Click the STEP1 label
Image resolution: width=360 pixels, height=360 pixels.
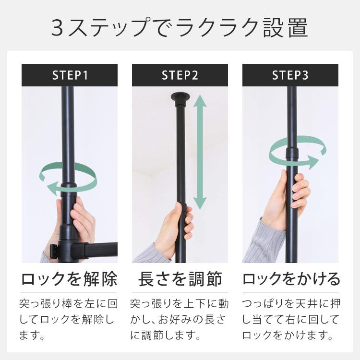(x=70, y=75)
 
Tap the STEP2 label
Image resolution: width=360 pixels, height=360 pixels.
(x=180, y=75)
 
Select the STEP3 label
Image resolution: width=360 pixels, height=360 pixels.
(x=290, y=75)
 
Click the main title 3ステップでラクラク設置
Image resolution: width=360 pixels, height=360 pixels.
(x=180, y=27)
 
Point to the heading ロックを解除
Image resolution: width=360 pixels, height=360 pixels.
(x=69, y=279)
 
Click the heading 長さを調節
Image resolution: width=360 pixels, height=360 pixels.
(x=180, y=279)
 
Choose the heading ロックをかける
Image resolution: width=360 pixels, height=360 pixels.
(x=291, y=279)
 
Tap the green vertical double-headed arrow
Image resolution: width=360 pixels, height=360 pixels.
(x=200, y=152)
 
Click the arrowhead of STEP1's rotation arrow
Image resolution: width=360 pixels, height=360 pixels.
(x=52, y=187)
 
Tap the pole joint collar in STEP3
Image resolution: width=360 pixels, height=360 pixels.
(x=292, y=152)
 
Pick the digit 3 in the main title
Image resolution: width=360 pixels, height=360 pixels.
(x=58, y=28)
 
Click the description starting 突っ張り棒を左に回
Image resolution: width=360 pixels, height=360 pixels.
(x=68, y=319)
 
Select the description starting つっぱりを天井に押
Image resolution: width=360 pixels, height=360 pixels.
(x=291, y=319)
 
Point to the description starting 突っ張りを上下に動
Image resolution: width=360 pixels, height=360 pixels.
(x=180, y=319)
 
